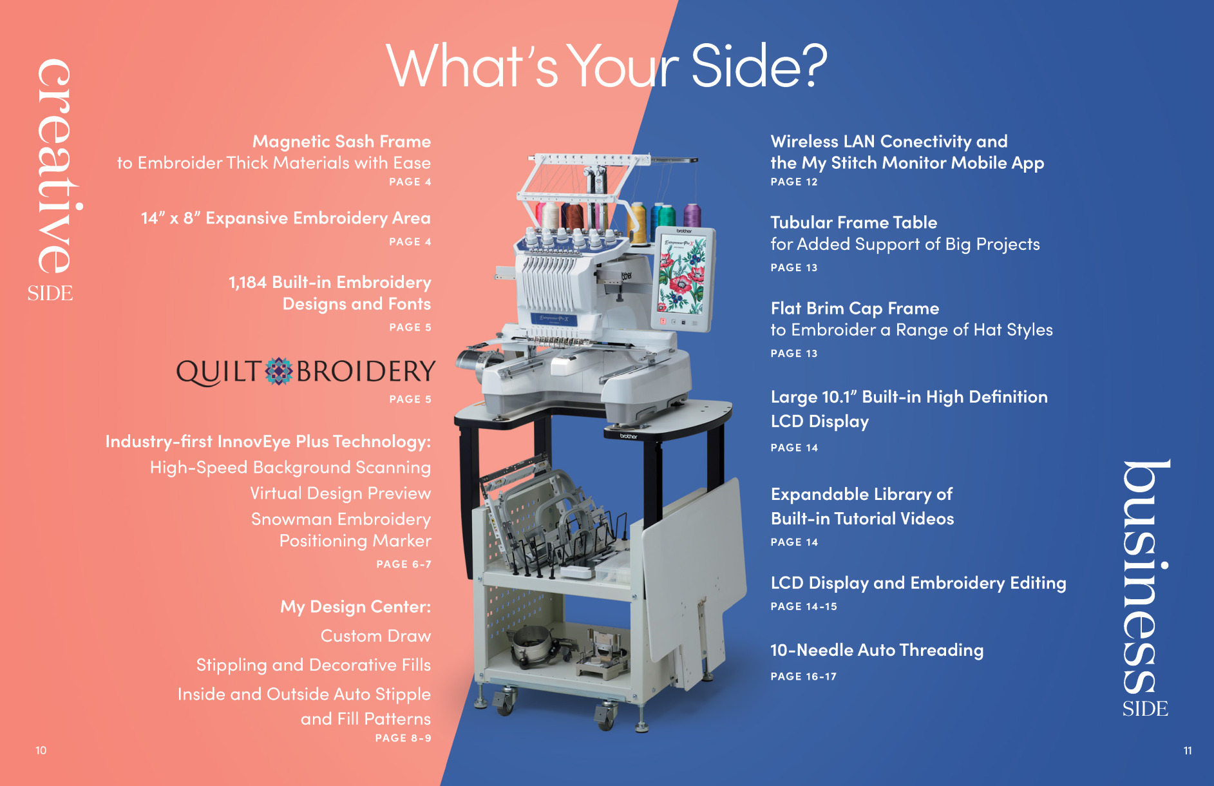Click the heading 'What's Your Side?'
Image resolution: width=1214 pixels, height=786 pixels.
point(606,66)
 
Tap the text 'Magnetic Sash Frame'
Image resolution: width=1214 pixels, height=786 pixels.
point(341,141)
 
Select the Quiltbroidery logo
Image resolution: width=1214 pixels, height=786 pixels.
point(306,372)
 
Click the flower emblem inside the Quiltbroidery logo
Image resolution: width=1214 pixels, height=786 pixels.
point(279,371)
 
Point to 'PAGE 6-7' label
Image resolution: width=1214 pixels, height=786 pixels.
point(404,564)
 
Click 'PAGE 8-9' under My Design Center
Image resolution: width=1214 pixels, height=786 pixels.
point(403,738)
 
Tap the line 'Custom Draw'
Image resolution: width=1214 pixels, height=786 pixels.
point(376,636)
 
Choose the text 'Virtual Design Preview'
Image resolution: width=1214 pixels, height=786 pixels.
point(341,494)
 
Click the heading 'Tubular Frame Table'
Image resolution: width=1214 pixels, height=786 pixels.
point(854,222)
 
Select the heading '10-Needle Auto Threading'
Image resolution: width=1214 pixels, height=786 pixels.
point(877,651)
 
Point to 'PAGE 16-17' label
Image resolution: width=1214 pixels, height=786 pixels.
point(804,676)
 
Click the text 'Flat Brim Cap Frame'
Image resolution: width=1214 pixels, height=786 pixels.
point(855,309)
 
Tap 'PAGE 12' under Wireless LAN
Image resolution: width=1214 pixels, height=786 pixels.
point(794,182)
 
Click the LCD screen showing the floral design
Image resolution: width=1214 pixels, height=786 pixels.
point(683,274)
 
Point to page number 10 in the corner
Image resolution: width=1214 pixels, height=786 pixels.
point(41,751)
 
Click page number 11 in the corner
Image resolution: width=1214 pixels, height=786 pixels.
point(1188,751)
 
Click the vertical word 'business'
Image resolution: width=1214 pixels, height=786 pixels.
point(1146,577)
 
